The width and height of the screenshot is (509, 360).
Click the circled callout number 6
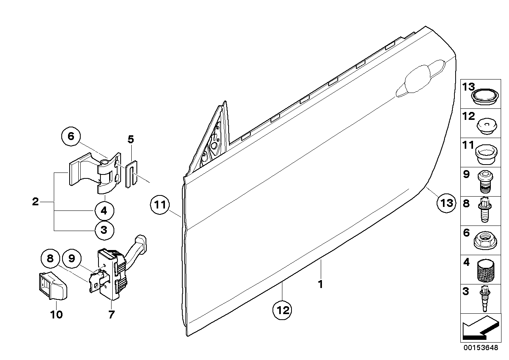pyautogui.click(x=71, y=137)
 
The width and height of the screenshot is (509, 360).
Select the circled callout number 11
pyautogui.click(x=159, y=205)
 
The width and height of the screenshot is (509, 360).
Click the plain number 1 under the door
pyautogui.click(x=321, y=284)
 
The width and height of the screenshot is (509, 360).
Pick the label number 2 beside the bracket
pyautogui.click(x=36, y=202)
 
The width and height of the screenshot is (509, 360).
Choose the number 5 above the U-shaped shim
pyautogui.click(x=131, y=139)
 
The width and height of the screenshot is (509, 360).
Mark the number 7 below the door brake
pyautogui.click(x=111, y=315)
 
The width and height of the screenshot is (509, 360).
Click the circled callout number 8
pyautogui.click(x=50, y=259)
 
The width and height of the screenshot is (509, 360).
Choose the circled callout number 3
pyautogui.click(x=104, y=229)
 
